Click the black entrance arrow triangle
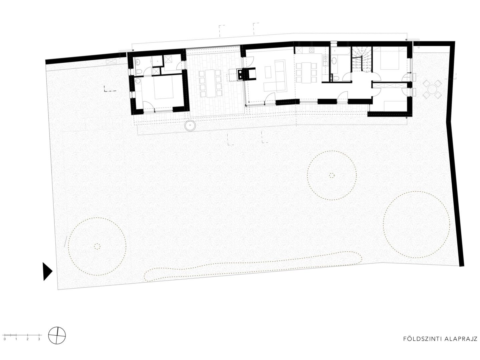point(47,271)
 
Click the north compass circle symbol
point(57,341)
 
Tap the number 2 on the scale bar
point(28,345)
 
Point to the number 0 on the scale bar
point(5,345)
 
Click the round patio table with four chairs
point(432,89)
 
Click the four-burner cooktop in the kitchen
point(312,50)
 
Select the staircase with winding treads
point(362,59)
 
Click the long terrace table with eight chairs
point(211,83)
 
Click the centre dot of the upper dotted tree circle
point(332,175)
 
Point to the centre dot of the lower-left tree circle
point(97,246)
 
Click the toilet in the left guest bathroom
point(140,71)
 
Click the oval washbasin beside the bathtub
point(334,61)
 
